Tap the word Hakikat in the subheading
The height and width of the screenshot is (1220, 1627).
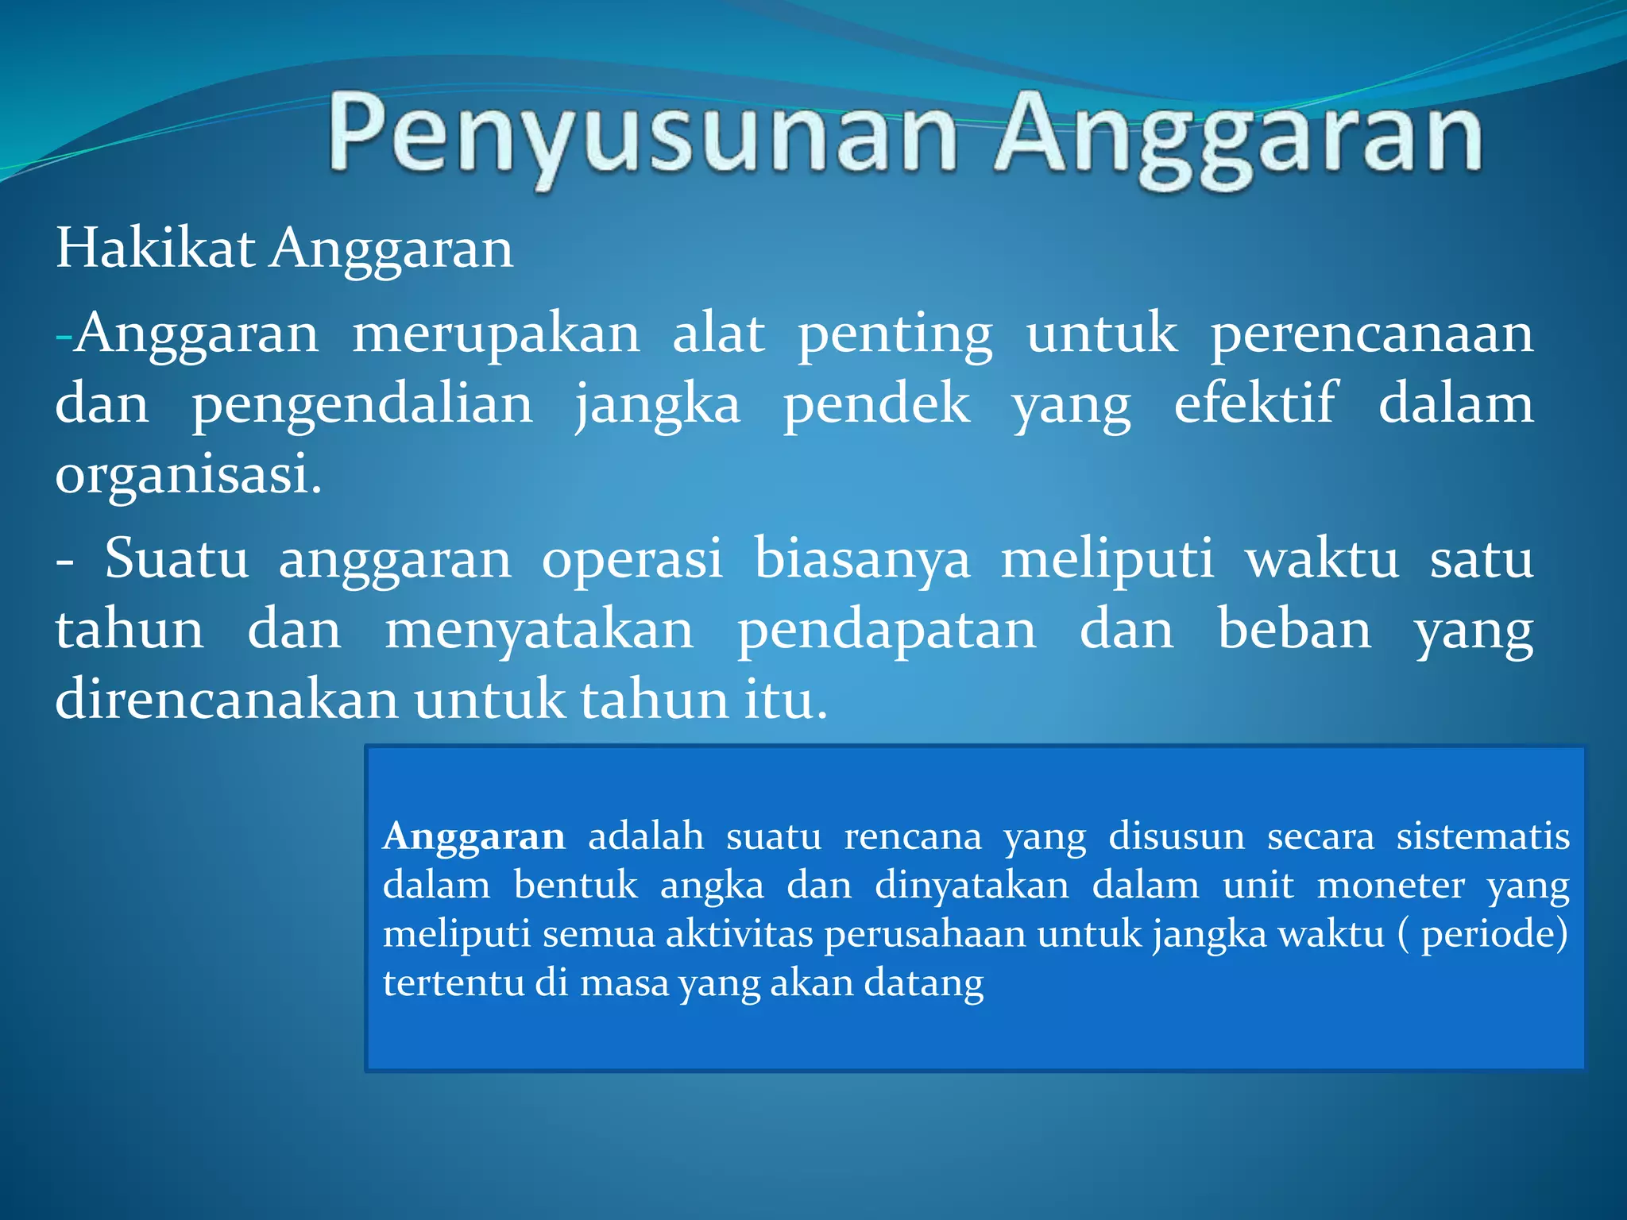click(x=155, y=249)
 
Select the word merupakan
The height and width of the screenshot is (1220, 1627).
click(x=496, y=334)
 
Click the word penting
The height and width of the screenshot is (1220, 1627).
click(x=895, y=334)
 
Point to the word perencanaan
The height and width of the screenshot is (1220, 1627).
click(x=1372, y=334)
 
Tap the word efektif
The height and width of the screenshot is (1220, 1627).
click(x=1255, y=403)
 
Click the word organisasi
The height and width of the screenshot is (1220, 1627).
click(x=188, y=474)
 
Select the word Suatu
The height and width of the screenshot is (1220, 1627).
click(x=176, y=558)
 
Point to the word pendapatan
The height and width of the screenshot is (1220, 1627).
click(x=887, y=631)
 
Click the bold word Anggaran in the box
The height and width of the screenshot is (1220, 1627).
click(x=473, y=836)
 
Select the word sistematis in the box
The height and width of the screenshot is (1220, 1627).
click(x=1482, y=836)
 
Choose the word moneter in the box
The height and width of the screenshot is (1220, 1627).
click(x=1390, y=885)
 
